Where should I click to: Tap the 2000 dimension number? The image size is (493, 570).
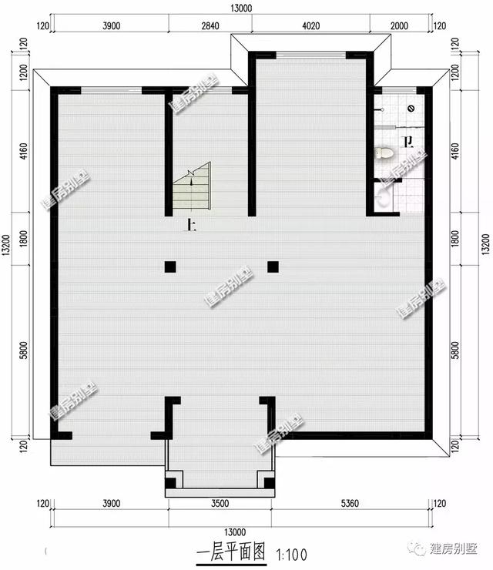tap(400, 25)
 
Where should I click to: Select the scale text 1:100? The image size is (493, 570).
tap(290, 552)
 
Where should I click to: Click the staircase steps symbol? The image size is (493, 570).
tap(192, 187)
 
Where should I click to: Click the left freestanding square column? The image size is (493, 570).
tap(170, 267)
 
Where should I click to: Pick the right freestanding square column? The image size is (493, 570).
tap(273, 267)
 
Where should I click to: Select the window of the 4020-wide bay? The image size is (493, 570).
tap(310, 53)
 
